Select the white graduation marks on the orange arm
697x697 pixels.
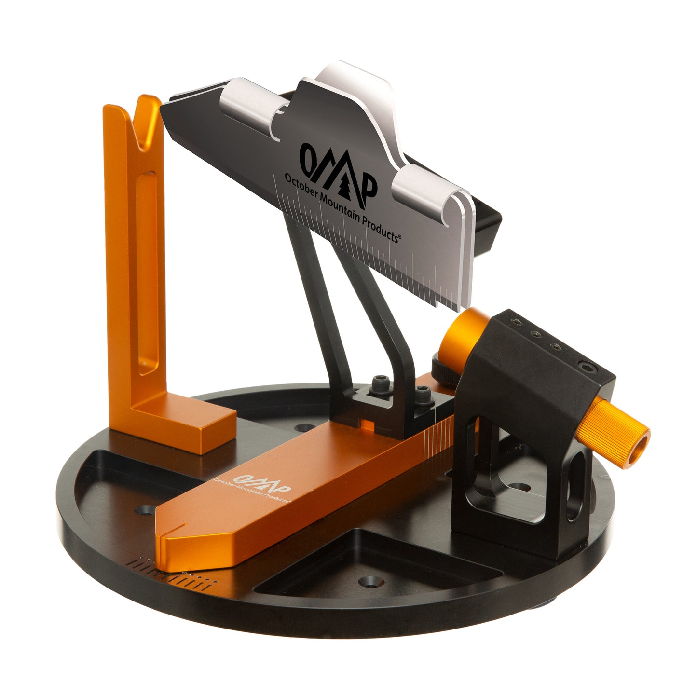pyautogui.click(x=439, y=427)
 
